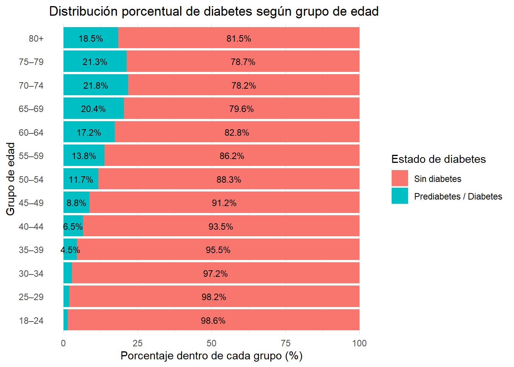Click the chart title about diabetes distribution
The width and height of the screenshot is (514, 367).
(214, 11)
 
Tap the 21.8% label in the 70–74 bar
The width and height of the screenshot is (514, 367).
(96, 86)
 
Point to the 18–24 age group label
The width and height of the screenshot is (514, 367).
(31, 321)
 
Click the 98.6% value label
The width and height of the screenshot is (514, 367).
(213, 321)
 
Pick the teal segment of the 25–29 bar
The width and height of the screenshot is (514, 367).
(67, 297)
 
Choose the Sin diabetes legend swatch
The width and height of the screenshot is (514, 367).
(400, 179)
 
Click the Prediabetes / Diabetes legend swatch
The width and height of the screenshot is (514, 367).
(400, 196)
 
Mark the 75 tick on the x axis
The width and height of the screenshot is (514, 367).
(285, 343)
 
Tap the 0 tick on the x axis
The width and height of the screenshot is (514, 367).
(63, 343)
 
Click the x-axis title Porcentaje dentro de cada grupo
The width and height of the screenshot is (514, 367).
(211, 356)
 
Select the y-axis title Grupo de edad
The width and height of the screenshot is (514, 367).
(11, 179)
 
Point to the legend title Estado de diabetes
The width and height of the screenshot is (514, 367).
(438, 159)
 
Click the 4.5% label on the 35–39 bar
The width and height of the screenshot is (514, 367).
(70, 250)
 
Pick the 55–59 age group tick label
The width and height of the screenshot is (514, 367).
(31, 156)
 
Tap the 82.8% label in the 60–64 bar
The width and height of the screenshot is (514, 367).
(237, 133)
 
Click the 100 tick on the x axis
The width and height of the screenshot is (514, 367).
(359, 343)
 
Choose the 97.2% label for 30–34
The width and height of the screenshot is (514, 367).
(215, 274)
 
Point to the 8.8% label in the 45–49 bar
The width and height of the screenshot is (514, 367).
(76, 203)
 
